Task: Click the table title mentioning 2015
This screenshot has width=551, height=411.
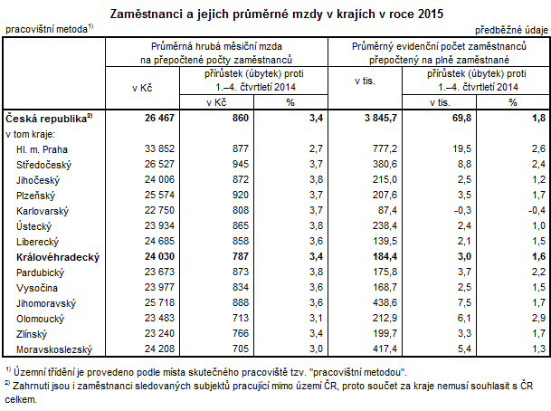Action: pos(275,13)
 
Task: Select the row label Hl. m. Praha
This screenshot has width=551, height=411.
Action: pos(43,148)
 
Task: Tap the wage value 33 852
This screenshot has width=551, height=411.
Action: pos(151,148)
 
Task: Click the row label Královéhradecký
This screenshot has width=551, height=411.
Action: pos(56,257)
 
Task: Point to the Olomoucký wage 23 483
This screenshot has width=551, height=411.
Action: pos(151,317)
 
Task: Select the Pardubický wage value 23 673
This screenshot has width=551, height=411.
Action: pos(151,272)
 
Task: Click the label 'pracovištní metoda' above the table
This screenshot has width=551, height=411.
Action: pos(46,30)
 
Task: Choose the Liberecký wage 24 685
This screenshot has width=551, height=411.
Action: pos(151,241)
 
